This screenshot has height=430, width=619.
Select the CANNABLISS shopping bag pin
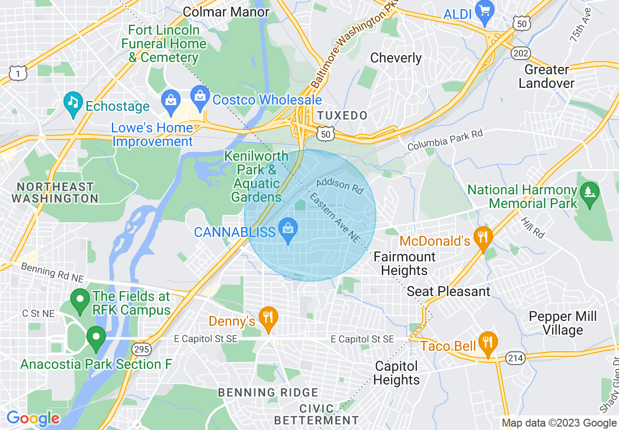288,230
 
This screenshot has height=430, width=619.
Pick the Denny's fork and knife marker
268,318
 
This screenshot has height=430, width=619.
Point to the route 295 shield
142,349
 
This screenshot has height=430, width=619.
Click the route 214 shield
516,358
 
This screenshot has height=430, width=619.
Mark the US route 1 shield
17,73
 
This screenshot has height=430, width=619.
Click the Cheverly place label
396,58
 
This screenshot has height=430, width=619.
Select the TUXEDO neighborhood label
342,116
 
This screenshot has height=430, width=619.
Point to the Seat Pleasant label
448,292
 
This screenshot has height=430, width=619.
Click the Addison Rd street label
340,186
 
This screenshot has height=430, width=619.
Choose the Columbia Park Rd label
445,139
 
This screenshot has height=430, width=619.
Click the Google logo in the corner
33,418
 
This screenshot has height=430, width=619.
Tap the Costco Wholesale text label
267,100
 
